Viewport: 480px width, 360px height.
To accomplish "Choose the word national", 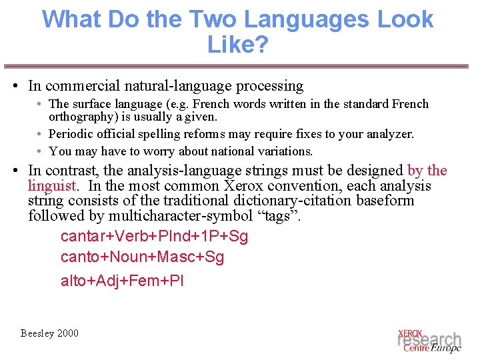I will [x=223, y=151].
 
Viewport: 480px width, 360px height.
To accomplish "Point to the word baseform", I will [x=385, y=201].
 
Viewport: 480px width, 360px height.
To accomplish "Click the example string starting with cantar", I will [x=154, y=237].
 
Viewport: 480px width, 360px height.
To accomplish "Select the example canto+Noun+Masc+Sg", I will [x=142, y=257].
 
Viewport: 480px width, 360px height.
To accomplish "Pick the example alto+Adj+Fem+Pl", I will [x=122, y=281].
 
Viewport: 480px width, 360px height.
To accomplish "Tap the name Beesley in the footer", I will [x=37, y=333].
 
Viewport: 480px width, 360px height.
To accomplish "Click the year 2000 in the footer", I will [x=67, y=333].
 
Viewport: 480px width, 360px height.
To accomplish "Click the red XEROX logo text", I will [x=410, y=333].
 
